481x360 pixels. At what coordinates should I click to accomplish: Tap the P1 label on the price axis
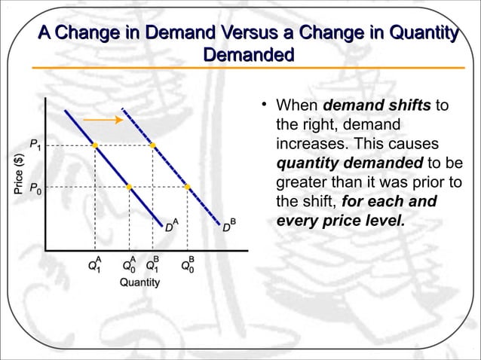(x=35, y=143)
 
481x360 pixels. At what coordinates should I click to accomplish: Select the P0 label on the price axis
(x=35, y=189)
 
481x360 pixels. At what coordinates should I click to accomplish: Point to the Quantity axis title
(x=139, y=282)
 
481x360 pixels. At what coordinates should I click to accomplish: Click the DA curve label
(x=172, y=225)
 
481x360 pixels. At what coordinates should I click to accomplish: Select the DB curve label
(x=229, y=225)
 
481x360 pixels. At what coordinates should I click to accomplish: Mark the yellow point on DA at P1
(x=95, y=145)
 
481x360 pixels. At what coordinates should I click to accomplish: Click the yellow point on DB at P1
(x=153, y=145)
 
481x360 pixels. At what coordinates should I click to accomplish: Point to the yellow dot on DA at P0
(x=130, y=187)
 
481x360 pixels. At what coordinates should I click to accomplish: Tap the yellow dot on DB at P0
(x=188, y=187)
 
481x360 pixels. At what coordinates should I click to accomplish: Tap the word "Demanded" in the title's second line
(x=249, y=55)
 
